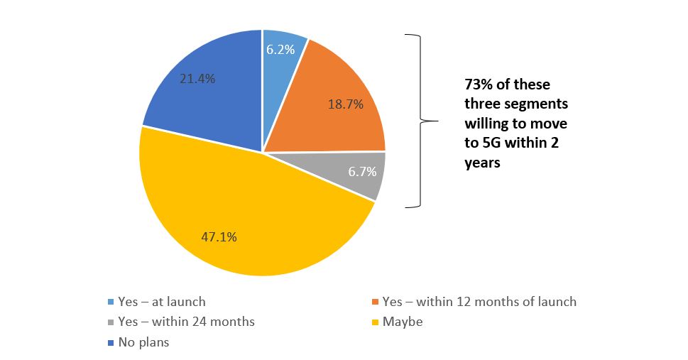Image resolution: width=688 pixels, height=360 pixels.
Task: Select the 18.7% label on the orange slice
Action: click(x=345, y=104)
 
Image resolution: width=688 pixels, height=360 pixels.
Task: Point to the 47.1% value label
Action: click(x=219, y=236)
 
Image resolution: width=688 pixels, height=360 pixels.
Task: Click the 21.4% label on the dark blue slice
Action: click(x=197, y=79)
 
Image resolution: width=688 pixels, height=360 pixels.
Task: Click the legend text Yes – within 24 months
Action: click(x=187, y=322)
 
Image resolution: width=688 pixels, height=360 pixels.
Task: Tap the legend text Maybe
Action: click(x=403, y=322)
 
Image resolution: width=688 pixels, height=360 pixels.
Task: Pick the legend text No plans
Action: click(x=145, y=342)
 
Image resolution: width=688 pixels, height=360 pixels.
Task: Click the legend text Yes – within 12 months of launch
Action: click(x=479, y=302)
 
